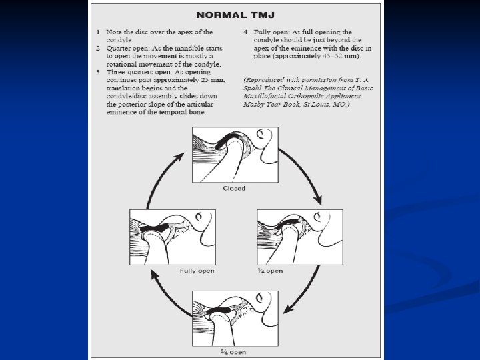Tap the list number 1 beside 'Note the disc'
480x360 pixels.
pyautogui.click(x=97, y=32)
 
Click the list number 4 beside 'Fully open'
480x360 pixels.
pyautogui.click(x=245, y=32)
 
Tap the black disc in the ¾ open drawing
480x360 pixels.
pyautogui.click(x=223, y=311)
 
